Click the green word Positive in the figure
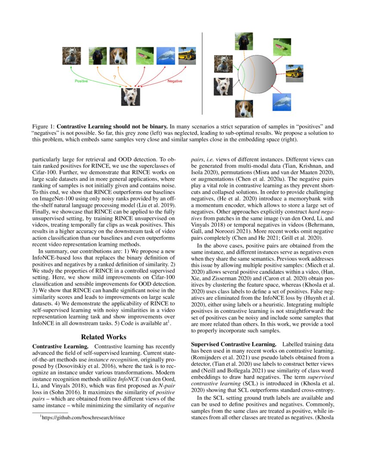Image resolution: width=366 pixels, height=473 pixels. pyautogui.click(x=81, y=81)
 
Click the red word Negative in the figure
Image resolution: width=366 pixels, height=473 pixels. pyautogui.click(x=175, y=81)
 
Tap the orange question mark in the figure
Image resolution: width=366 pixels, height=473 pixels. pyautogui.click(x=114, y=77)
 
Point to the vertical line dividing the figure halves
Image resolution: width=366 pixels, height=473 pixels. pyautogui.click(x=202, y=73)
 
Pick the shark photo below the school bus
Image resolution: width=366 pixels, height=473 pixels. pyautogui.click(x=281, y=101)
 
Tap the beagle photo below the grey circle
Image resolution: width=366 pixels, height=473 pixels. pyautogui.click(x=244, y=109)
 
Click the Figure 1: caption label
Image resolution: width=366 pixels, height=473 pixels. pyautogui.click(x=43, y=127)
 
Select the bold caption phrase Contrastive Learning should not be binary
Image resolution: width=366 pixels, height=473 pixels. pyautogui.click(x=112, y=127)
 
